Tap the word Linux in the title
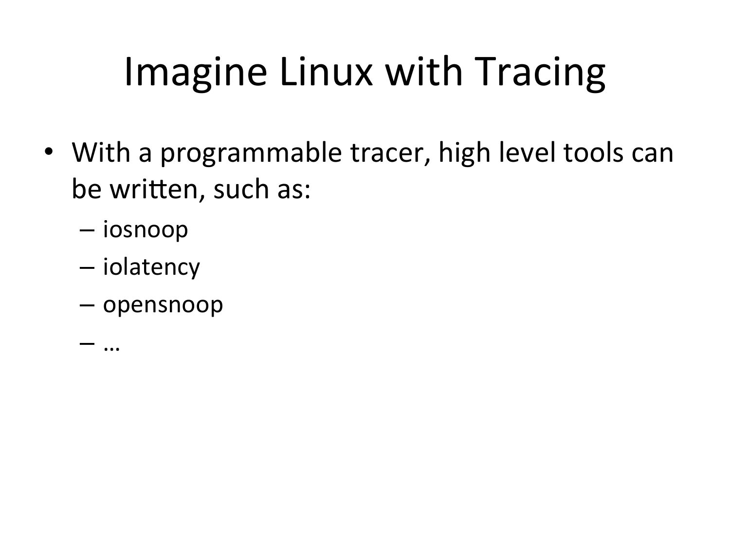tap(326, 72)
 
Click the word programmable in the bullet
tap(251, 154)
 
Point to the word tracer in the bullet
tap(391, 154)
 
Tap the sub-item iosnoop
tap(146, 229)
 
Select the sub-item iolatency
tap(151, 267)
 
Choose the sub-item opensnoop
tap(163, 305)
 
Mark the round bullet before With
tap(49, 151)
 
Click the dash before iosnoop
tap(87, 230)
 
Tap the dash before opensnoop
tap(87, 305)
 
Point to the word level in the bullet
tap(527, 152)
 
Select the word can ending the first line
tap(652, 155)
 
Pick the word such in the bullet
tap(241, 189)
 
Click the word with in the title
tap(424, 72)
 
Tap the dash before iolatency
tap(87, 268)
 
